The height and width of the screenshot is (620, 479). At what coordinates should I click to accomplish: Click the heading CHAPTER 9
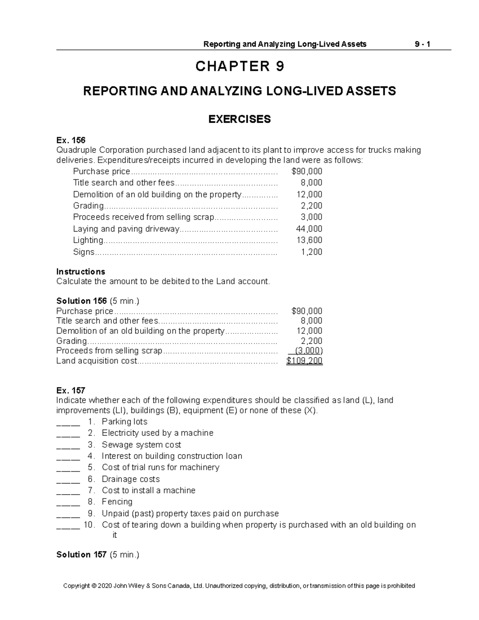click(x=239, y=66)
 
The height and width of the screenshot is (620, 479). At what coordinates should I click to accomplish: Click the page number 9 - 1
click(x=422, y=44)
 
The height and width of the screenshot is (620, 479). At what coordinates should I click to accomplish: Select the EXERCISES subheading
click(x=239, y=119)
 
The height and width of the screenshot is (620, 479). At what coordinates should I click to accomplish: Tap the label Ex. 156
click(x=71, y=140)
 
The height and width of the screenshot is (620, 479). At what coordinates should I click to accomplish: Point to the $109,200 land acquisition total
click(x=304, y=361)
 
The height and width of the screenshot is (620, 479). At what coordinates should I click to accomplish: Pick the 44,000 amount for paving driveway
click(x=309, y=229)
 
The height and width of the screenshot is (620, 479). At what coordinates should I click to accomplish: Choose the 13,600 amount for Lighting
click(x=309, y=240)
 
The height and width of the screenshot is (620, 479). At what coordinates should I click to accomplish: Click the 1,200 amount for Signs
click(x=311, y=252)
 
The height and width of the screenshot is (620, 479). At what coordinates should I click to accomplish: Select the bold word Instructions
click(x=81, y=271)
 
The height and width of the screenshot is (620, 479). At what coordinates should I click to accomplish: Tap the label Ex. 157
click(x=71, y=390)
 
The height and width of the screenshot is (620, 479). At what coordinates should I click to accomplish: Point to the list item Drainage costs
click(x=131, y=479)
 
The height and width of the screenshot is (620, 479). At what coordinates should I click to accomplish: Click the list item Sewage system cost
click(x=141, y=444)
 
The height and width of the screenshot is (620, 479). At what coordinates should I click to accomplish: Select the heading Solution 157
click(x=81, y=555)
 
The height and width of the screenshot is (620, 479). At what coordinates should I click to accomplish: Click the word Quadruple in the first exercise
click(x=76, y=150)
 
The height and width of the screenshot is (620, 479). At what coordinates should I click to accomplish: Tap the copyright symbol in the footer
click(x=94, y=586)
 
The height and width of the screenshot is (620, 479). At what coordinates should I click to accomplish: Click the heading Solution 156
click(x=81, y=301)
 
